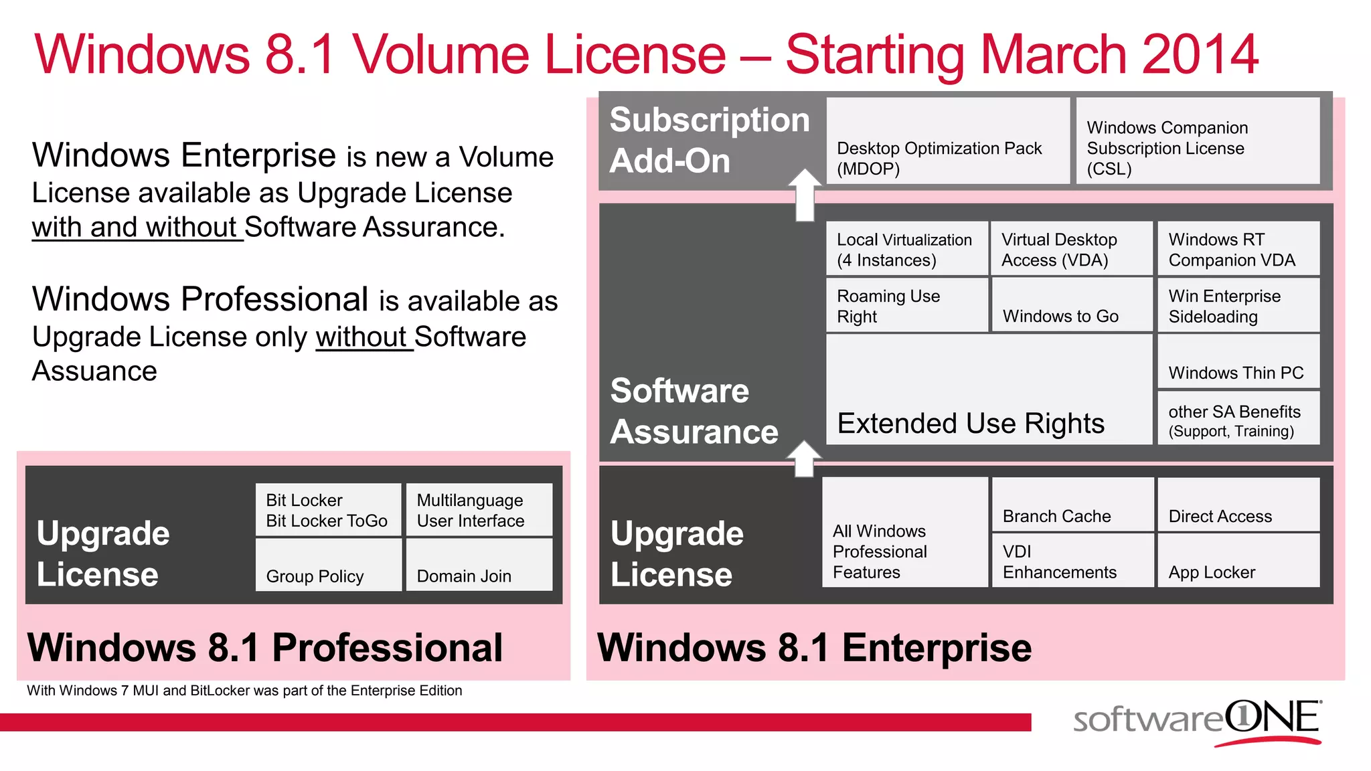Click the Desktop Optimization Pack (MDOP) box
[x=947, y=141]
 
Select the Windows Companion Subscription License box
[x=1198, y=141]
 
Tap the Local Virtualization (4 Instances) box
[x=907, y=249]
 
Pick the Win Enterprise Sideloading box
[x=1238, y=306]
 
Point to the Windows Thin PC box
[x=1238, y=362]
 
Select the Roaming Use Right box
[x=907, y=306]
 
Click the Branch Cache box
[x=1072, y=505]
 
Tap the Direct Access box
[x=1238, y=505]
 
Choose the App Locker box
[x=1238, y=561]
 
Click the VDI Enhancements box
[x=1072, y=561]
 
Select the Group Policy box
[x=328, y=565]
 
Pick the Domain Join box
[x=479, y=565]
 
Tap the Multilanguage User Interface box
[x=479, y=510]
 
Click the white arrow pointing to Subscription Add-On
[x=805, y=194]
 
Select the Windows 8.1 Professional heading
[x=265, y=648]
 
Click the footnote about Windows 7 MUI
[x=244, y=691]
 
